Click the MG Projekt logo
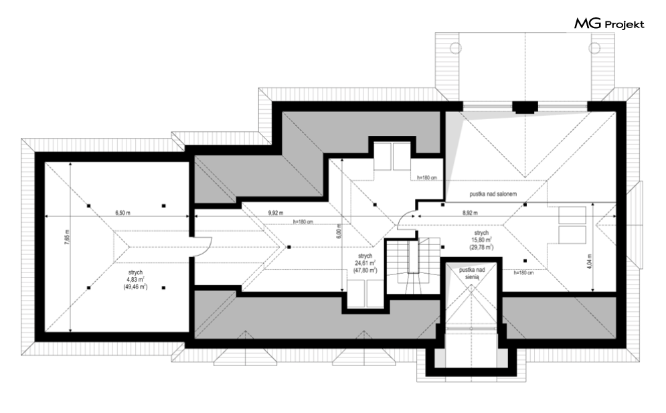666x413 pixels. click(x=609, y=24)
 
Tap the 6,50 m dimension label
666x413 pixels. click(x=122, y=213)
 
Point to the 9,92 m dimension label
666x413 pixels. click(x=276, y=213)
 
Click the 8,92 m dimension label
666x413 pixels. click(x=470, y=213)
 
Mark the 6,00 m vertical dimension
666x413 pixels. click(x=339, y=232)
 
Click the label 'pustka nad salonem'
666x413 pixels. click(x=493, y=194)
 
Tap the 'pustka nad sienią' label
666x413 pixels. click(x=471, y=273)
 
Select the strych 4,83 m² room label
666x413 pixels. click(x=135, y=280)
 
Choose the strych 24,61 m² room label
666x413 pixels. click(x=365, y=263)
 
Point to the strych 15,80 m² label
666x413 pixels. click(x=481, y=240)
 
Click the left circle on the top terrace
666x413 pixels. click(x=456, y=48)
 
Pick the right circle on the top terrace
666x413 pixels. click(x=594, y=48)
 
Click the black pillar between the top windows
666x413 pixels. click(x=525, y=107)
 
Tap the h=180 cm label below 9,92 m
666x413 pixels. click(x=303, y=222)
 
